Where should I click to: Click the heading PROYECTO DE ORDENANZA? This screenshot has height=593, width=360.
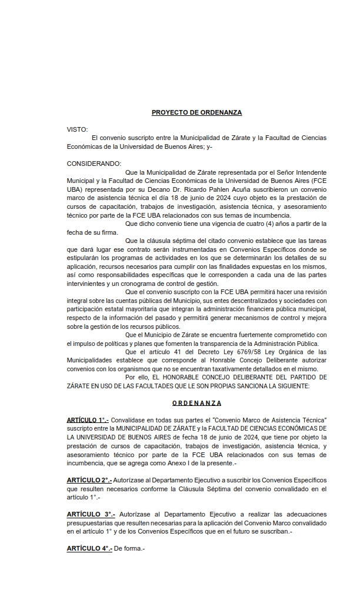pos(196,112)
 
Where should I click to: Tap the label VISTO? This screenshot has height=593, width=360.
pos(78,129)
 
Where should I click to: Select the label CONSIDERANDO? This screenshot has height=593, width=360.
pos(94,163)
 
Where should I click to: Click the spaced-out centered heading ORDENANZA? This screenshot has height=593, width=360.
pos(197,403)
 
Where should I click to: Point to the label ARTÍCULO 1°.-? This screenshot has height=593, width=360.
pos(87,420)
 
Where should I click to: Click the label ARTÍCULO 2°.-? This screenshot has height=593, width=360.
pos(87,480)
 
